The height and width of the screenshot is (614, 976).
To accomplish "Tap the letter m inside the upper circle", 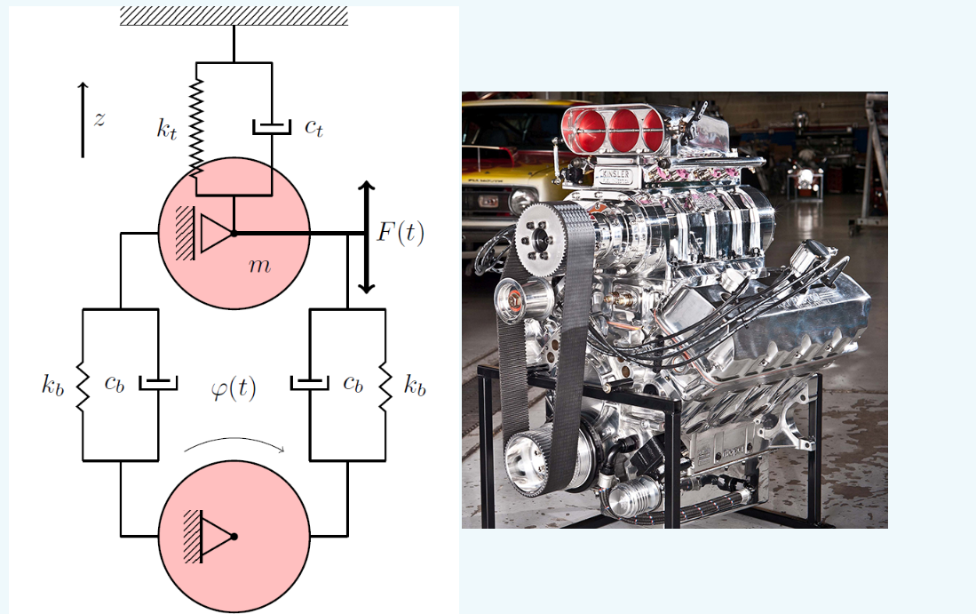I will [258, 266].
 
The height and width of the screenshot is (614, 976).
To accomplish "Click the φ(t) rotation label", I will [234, 388].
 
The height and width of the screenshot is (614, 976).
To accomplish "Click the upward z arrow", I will [83, 119].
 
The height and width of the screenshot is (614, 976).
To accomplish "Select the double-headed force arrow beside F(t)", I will [366, 237].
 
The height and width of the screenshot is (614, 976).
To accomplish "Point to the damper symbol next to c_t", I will [270, 127].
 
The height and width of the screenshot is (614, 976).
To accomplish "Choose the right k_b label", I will [415, 387].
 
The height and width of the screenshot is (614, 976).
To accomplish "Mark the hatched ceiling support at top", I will [234, 15].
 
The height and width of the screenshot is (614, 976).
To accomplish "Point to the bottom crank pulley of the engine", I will [538, 462].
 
